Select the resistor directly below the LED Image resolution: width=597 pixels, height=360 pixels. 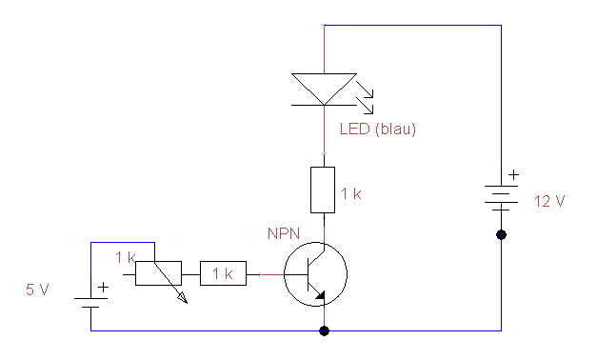tap(324, 189)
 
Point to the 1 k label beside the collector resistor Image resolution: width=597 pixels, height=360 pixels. tap(351, 194)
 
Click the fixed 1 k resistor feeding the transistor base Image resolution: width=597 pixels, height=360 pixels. tap(223, 274)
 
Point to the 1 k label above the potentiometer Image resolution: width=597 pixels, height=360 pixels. tap(125, 257)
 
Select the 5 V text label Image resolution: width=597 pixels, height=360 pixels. tap(37, 290)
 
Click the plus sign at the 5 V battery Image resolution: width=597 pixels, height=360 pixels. tap(103, 286)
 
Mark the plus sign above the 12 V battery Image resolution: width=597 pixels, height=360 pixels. tap(514, 175)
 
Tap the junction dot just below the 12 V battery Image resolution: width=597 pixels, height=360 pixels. tap(502, 234)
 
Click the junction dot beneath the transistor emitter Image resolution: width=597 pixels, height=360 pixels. tap(325, 330)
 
